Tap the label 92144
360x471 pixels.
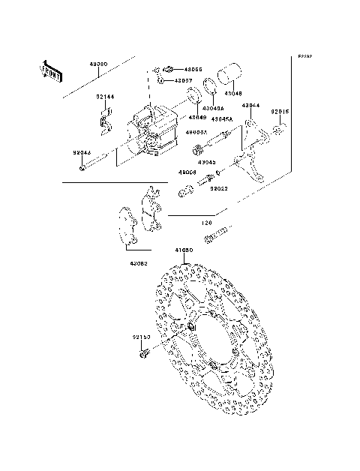[104, 96]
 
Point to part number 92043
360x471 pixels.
[82, 153]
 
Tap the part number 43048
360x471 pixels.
[235, 94]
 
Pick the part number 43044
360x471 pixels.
[250, 106]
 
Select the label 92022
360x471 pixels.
[219, 189]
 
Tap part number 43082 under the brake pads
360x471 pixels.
[139, 263]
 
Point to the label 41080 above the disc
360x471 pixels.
[184, 250]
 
